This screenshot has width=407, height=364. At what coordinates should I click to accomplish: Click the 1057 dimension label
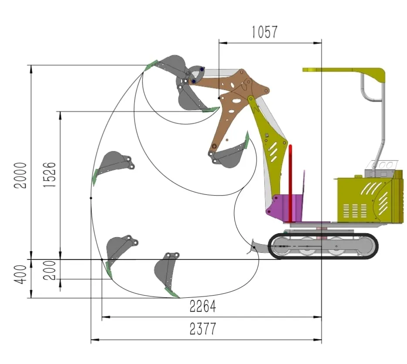pyautogui.click(x=265, y=32)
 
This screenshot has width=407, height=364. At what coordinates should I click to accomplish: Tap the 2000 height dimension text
pyautogui.click(x=20, y=175)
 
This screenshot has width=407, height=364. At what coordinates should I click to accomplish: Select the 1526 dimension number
pyautogui.click(x=49, y=175)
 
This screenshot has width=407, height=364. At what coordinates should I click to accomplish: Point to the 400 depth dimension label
pyautogui.click(x=20, y=275)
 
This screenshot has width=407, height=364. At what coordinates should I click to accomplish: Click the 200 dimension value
pyautogui.click(x=49, y=270)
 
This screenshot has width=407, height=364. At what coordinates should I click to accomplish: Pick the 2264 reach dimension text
pyautogui.click(x=203, y=306)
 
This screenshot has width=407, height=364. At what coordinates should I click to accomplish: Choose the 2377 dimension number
pyautogui.click(x=203, y=329)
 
